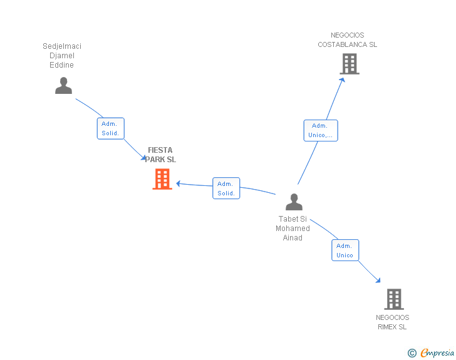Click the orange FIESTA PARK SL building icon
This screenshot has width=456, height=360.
tap(162, 179)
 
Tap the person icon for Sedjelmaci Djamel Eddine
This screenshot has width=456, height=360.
tap(63, 86)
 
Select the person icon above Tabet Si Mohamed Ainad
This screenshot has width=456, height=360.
tap(294, 202)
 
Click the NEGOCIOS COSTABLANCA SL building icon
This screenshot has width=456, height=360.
tap(350, 64)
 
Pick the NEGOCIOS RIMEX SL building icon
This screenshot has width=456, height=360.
tap(394, 299)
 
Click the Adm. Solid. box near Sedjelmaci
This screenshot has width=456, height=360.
tap(110, 128)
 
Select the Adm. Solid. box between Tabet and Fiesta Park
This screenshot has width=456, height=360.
tap(226, 188)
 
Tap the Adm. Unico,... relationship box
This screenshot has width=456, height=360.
tap(321, 131)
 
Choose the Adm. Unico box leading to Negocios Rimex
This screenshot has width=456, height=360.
tap(345, 250)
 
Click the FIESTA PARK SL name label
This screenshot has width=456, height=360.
tap(160, 155)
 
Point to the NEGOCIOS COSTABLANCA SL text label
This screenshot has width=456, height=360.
tap(347, 40)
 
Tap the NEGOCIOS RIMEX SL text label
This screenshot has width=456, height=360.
tap(392, 322)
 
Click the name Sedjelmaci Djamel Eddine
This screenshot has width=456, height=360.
tap(62, 55)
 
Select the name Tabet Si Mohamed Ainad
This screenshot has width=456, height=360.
tap(293, 229)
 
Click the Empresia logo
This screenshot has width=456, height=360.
tap(437, 352)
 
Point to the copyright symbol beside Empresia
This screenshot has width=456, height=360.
tap(412, 353)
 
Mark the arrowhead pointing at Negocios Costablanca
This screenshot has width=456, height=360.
tap(342, 80)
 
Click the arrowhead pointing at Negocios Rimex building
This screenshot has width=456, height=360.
tap(378, 280)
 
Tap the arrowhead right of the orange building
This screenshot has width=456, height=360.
tap(179, 183)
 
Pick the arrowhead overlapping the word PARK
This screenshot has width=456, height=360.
tap(143, 158)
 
